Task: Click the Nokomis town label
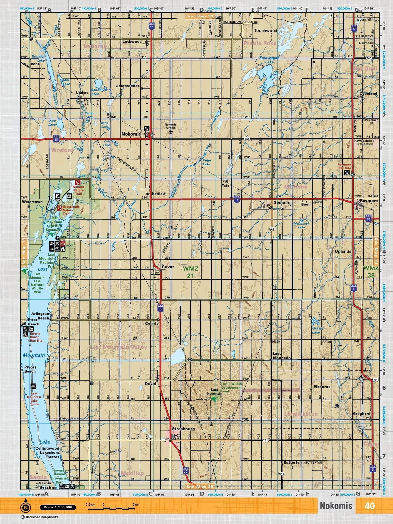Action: click(x=131, y=134)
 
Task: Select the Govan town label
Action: click(x=168, y=267)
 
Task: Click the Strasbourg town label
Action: click(x=183, y=429)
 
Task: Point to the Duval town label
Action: click(x=150, y=384)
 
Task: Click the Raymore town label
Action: click(x=369, y=201)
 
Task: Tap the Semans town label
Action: click(x=282, y=203)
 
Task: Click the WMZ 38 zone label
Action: click(x=370, y=272)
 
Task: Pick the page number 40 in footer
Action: click(x=369, y=506)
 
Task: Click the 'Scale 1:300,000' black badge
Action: click(x=58, y=507)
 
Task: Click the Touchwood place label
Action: click(x=265, y=31)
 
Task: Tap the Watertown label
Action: click(x=32, y=202)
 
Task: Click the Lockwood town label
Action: click(x=132, y=42)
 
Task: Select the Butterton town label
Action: click(x=292, y=463)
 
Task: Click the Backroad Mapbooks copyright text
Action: click(x=39, y=517)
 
